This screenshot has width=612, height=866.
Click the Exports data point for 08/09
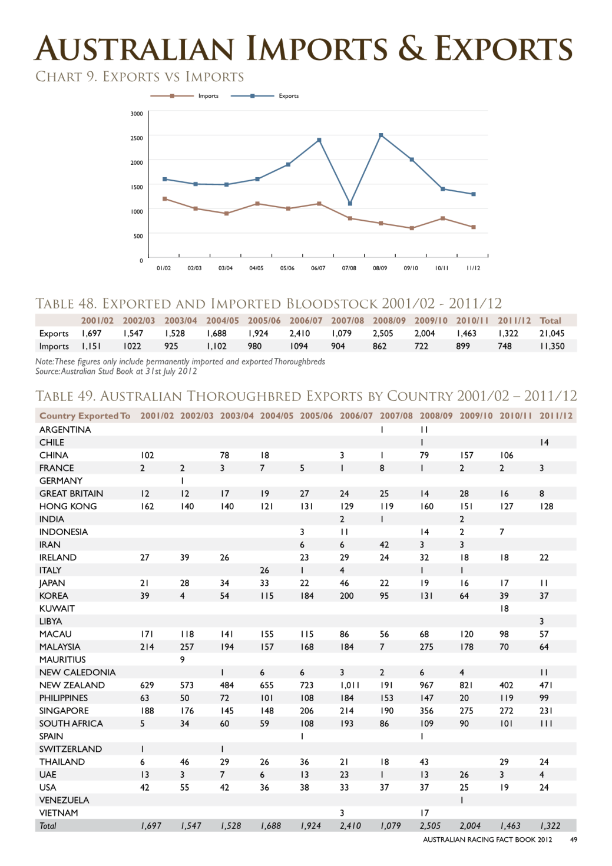coord(381,135)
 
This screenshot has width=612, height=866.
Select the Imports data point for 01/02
coord(165,199)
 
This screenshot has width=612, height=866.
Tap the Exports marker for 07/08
coord(350,203)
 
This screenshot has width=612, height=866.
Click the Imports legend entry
coord(184,96)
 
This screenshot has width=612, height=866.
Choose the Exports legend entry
coord(264,96)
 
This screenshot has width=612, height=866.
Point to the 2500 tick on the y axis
coord(137,138)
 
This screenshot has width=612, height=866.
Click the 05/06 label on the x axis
coord(287,268)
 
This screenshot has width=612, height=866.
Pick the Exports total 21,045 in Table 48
coord(552,333)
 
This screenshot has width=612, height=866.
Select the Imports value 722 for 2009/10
coord(421,346)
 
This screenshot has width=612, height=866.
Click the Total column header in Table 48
coord(550,320)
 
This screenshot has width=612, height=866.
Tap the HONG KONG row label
coord(68,506)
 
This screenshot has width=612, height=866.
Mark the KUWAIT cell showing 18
coord(504,609)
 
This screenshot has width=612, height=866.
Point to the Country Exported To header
coord(85,416)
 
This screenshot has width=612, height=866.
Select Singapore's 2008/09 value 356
coord(426,711)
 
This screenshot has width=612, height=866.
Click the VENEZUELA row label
coord(64,800)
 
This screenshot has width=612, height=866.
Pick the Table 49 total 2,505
coord(430,826)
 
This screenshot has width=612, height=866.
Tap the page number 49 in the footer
coord(573,840)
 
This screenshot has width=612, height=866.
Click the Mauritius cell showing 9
coord(182,659)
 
